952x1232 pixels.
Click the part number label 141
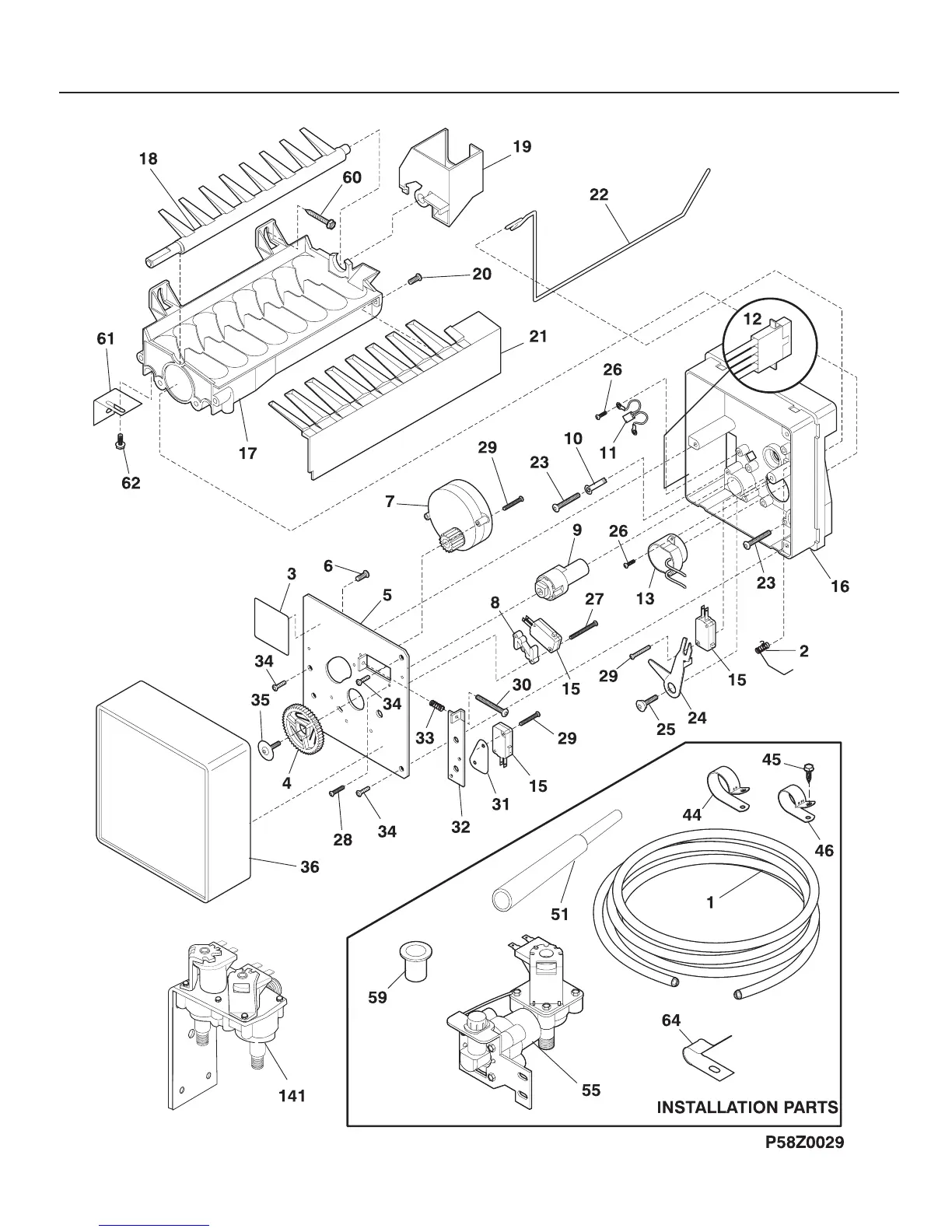click(x=292, y=1096)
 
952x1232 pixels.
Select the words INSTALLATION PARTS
click(x=747, y=1108)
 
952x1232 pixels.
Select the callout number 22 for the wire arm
click(x=599, y=194)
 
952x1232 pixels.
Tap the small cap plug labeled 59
click(x=415, y=959)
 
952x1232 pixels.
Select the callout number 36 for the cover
click(x=310, y=866)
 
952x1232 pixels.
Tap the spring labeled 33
click(x=437, y=707)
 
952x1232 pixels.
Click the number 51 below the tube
click(x=560, y=914)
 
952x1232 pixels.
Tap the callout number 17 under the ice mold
click(x=248, y=453)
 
